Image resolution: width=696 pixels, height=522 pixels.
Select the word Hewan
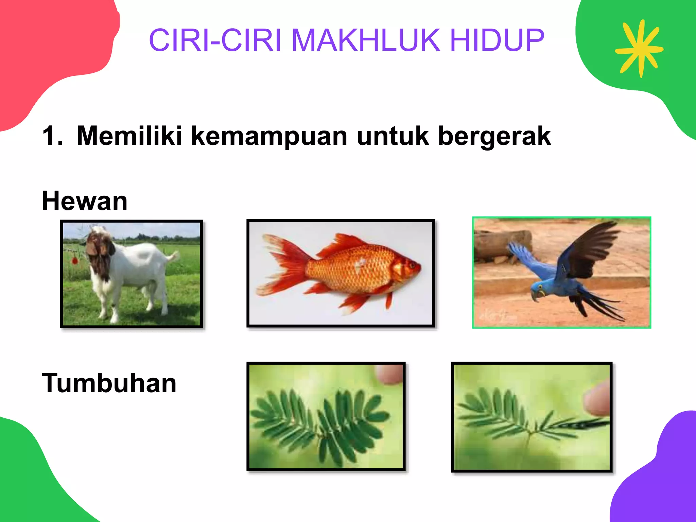coord(84,201)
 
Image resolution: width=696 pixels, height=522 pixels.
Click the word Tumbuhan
coord(109,383)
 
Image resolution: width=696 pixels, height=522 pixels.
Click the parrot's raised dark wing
coord(591,248)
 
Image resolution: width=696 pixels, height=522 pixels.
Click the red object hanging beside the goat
coord(75,260)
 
